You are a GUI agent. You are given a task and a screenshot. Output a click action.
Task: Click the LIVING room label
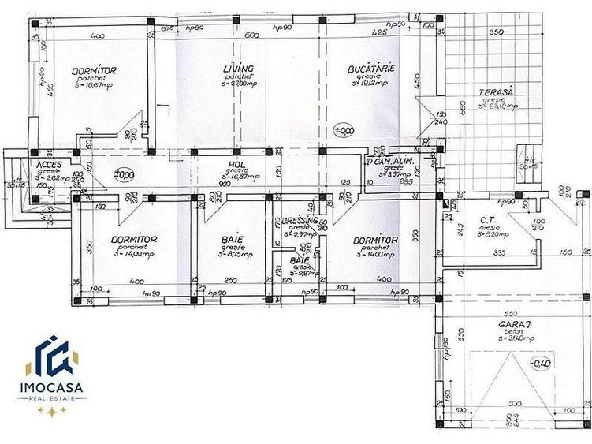(x=239, y=70)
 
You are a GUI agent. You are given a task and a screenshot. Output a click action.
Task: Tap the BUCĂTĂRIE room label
(x=370, y=70)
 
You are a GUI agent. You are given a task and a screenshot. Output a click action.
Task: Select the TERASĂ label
(x=497, y=93)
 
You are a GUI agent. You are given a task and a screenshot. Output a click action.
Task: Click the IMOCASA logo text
(x=52, y=389)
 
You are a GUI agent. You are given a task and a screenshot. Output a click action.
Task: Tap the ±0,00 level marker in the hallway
(x=123, y=175)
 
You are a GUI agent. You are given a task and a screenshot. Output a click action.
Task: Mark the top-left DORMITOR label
(x=94, y=71)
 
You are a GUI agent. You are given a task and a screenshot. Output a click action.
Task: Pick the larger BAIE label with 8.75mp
(x=232, y=239)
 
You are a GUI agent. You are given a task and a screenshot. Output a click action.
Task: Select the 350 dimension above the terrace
(x=495, y=33)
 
